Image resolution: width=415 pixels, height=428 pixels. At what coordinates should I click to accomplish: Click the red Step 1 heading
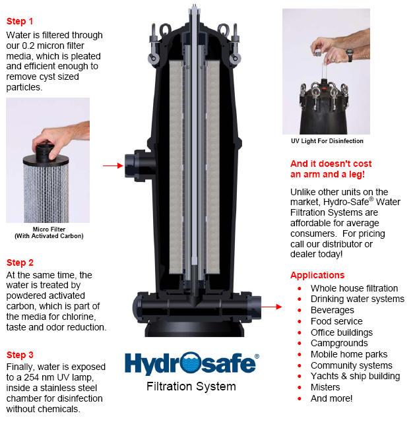click(x=20, y=21)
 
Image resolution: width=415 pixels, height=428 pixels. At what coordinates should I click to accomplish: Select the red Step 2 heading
click(x=20, y=262)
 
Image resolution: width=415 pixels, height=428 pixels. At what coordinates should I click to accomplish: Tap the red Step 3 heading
click(x=20, y=355)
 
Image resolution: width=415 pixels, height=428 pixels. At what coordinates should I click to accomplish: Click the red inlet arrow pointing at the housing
click(x=113, y=166)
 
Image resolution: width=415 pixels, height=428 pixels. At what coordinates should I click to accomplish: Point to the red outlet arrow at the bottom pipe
click(x=271, y=307)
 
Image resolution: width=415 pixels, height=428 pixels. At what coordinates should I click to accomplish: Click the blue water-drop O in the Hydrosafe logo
click(x=190, y=363)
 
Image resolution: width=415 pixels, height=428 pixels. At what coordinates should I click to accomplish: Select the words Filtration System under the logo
click(x=191, y=386)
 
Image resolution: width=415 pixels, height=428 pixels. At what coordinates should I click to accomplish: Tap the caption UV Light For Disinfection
click(x=327, y=141)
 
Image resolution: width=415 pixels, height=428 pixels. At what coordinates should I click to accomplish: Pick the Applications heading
click(x=317, y=275)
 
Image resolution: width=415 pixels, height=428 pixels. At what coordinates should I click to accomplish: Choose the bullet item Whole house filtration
click(x=354, y=288)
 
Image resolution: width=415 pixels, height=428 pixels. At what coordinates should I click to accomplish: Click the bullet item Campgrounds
click(x=339, y=343)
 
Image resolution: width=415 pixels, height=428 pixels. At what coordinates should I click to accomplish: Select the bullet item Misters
click(x=325, y=387)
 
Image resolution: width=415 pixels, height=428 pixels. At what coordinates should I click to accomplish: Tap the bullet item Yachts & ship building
click(x=355, y=376)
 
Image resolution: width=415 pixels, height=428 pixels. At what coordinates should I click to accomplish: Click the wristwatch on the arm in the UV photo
click(x=350, y=55)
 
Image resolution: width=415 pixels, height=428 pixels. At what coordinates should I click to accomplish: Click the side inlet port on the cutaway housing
click(x=138, y=166)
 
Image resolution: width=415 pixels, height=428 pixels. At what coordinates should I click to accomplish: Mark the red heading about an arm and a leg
click(x=331, y=169)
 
